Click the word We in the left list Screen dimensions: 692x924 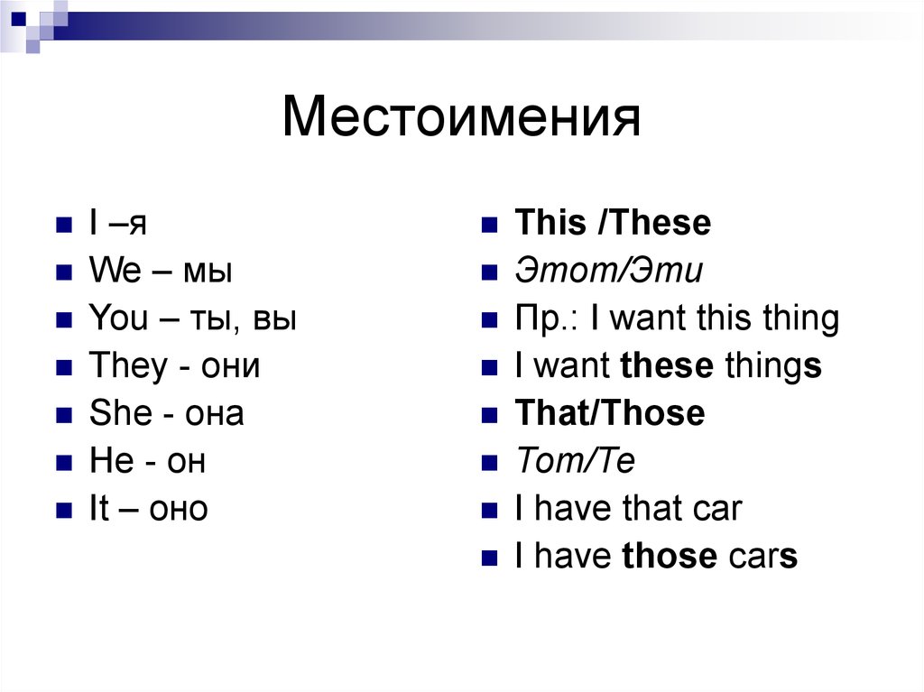[x=110, y=271]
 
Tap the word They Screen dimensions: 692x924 [x=128, y=366]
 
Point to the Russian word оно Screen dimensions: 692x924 [x=178, y=510]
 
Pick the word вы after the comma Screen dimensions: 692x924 [x=275, y=319]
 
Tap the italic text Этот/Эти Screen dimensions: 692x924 [x=608, y=272]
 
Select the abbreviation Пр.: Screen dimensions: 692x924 [x=542, y=318]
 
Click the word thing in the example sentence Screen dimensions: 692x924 [x=798, y=318]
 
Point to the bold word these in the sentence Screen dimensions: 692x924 [x=668, y=366]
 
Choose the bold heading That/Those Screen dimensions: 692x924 [x=610, y=413]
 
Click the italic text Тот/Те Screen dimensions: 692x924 [x=575, y=462]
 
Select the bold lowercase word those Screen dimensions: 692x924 [x=670, y=557]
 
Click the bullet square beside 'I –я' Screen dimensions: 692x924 [x=63, y=225]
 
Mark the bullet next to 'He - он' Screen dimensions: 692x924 [x=63, y=463]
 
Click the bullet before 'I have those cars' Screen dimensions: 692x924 [x=489, y=558]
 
